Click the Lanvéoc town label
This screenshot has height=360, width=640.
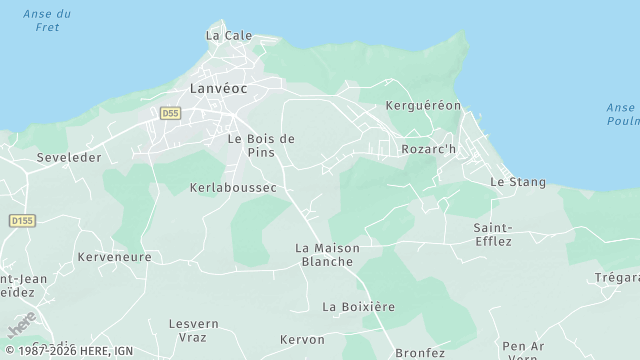pyautogui.click(x=219, y=89)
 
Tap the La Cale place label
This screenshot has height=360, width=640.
pyautogui.click(x=229, y=35)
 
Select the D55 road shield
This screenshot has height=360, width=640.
pyautogui.click(x=169, y=114)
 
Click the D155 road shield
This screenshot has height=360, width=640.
pyautogui.click(x=21, y=220)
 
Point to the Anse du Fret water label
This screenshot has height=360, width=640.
pyautogui.click(x=46, y=20)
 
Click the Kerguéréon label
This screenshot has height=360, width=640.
pyautogui.click(x=423, y=105)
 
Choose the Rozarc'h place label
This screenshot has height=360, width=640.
pyautogui.click(x=428, y=149)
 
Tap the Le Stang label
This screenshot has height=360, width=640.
pyautogui.click(x=518, y=182)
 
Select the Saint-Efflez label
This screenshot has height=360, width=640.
pyautogui.click(x=493, y=234)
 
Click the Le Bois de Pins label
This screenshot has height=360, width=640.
pyautogui.click(x=261, y=145)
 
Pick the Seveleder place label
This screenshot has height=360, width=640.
pyautogui.click(x=69, y=158)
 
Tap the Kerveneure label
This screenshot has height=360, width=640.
pyautogui.click(x=114, y=257)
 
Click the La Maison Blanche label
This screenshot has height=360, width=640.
pyautogui.click(x=327, y=254)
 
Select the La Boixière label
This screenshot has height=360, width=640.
pyautogui.click(x=359, y=306)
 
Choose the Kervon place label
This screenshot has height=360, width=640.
pyautogui.click(x=302, y=339)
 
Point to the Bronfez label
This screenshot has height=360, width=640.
pyautogui.click(x=420, y=352)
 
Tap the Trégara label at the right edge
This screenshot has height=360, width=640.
pyautogui.click(x=616, y=277)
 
